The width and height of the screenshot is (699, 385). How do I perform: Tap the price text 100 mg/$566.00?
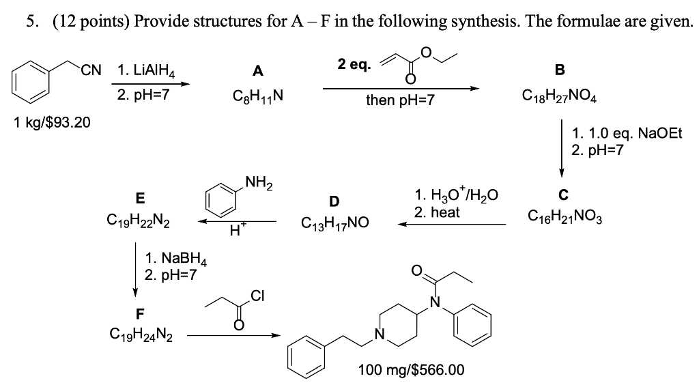[412, 370]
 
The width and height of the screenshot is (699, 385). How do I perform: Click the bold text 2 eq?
[354, 65]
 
